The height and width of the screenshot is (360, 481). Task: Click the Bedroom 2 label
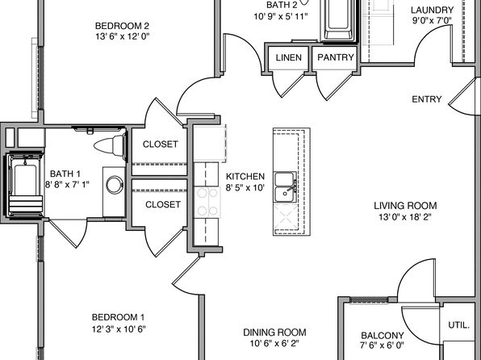point(122,26)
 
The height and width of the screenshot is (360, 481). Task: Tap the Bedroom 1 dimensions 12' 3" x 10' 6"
point(119,329)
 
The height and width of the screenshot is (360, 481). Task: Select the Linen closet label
point(289,57)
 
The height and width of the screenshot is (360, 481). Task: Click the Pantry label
point(336,57)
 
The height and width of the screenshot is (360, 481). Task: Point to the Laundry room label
point(433,10)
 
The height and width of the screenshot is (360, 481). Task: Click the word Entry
point(427,99)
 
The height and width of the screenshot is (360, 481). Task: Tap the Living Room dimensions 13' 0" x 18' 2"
point(405,217)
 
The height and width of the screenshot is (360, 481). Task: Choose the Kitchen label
point(245,176)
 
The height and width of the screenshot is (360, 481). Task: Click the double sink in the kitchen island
point(286,186)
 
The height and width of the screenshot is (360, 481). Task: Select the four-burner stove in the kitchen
point(207,203)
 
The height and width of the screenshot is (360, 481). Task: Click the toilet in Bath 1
point(110,145)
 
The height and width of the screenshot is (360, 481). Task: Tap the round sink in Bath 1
point(115,185)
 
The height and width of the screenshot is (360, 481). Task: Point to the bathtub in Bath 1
point(24,185)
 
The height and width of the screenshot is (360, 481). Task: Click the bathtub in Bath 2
point(339,20)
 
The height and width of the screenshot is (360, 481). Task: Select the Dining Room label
point(274,332)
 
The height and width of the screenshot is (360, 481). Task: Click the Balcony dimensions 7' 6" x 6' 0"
point(382,345)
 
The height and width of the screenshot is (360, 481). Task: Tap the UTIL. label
point(459,325)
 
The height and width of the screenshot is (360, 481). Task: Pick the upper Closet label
point(160,144)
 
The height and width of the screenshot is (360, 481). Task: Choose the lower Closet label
point(163,204)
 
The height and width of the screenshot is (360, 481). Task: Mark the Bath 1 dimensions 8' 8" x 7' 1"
point(67,185)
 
